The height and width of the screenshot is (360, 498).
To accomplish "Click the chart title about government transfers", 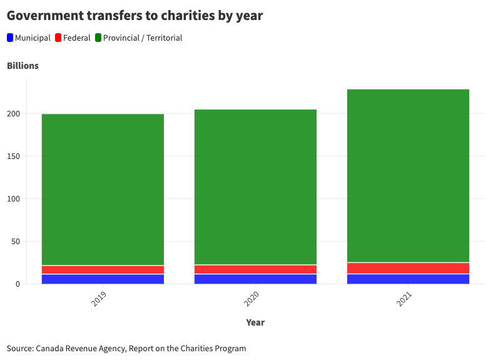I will point(135,16).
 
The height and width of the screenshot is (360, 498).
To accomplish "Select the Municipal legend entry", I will point(29,38).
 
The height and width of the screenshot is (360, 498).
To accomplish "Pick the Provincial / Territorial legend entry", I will point(138,38).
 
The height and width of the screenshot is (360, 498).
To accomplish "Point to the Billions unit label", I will point(23,66).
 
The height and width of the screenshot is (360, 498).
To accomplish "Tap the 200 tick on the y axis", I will point(14,114).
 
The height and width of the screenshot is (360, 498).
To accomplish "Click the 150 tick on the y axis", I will point(14,157).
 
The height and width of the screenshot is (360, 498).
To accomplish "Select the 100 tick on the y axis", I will point(14,199).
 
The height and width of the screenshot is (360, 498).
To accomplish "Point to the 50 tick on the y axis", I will point(16,242).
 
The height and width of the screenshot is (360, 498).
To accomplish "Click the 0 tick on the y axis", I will point(18,284).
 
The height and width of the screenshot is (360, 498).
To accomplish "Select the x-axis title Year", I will point(255,322).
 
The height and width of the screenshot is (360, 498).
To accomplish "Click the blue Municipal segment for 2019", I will point(103,279).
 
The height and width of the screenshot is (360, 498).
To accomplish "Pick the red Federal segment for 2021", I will point(408,268).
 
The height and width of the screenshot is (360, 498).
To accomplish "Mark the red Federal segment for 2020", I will point(255,269).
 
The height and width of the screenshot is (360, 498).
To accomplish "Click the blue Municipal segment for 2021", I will point(408,279).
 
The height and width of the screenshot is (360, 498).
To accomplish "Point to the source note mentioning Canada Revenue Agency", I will point(126,348).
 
